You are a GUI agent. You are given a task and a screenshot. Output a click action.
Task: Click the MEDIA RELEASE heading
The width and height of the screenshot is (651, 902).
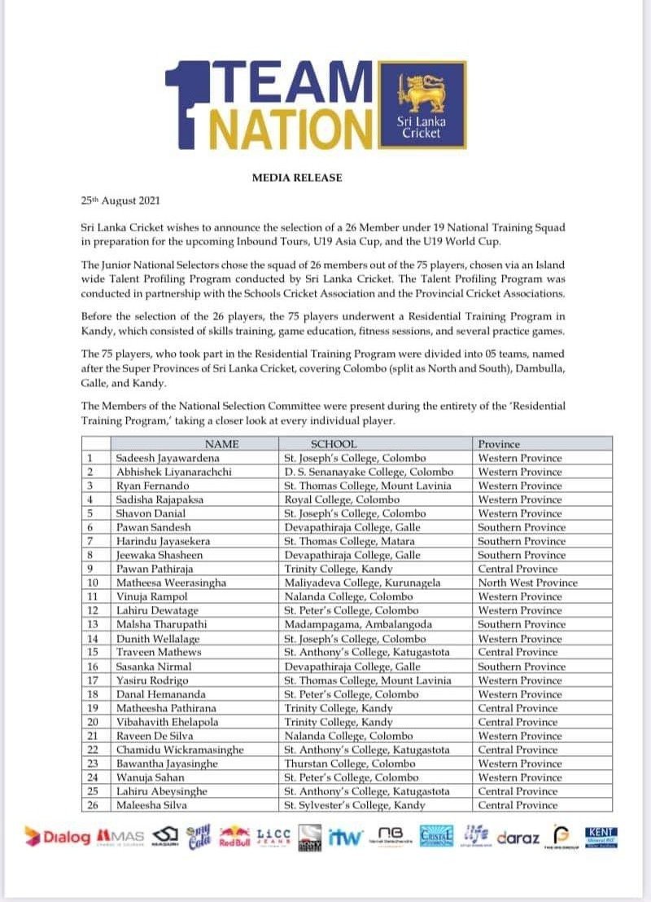tap(297, 177)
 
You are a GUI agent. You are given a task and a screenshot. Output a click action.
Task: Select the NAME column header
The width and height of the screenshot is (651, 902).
tap(221, 444)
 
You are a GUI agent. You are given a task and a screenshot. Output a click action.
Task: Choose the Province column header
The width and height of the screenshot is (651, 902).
tap(499, 444)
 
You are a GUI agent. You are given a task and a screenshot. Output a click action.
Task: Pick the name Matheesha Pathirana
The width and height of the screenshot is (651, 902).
tap(167, 708)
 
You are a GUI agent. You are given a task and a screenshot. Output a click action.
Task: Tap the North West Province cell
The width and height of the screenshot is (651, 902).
tap(527, 583)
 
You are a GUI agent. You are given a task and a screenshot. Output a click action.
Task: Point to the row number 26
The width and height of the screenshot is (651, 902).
tap(93, 805)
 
